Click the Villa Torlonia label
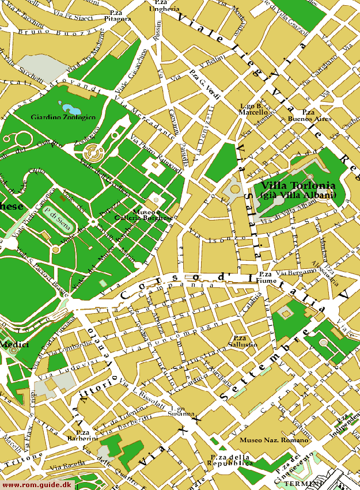pos(297,186)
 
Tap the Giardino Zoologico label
pos(63,117)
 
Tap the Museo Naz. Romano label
pos(266,440)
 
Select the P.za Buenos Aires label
pos(309,115)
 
